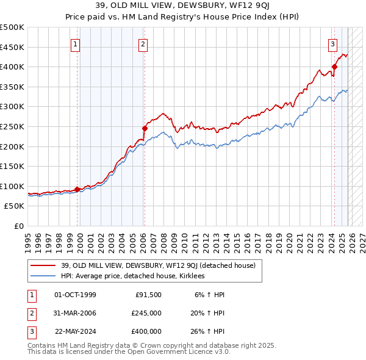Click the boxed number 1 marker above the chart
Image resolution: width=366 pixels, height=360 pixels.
[75, 43]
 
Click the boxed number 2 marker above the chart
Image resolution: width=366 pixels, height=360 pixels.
[142, 43]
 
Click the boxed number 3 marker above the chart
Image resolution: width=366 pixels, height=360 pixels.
[332, 43]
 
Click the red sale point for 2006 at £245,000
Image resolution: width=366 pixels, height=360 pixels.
[145, 128]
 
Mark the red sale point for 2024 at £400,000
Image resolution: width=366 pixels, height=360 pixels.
[334, 67]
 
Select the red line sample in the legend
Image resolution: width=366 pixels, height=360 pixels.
[43, 265]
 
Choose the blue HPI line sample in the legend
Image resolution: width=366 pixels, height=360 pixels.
[43, 276]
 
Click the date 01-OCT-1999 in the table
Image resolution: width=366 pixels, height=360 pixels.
[75, 295]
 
